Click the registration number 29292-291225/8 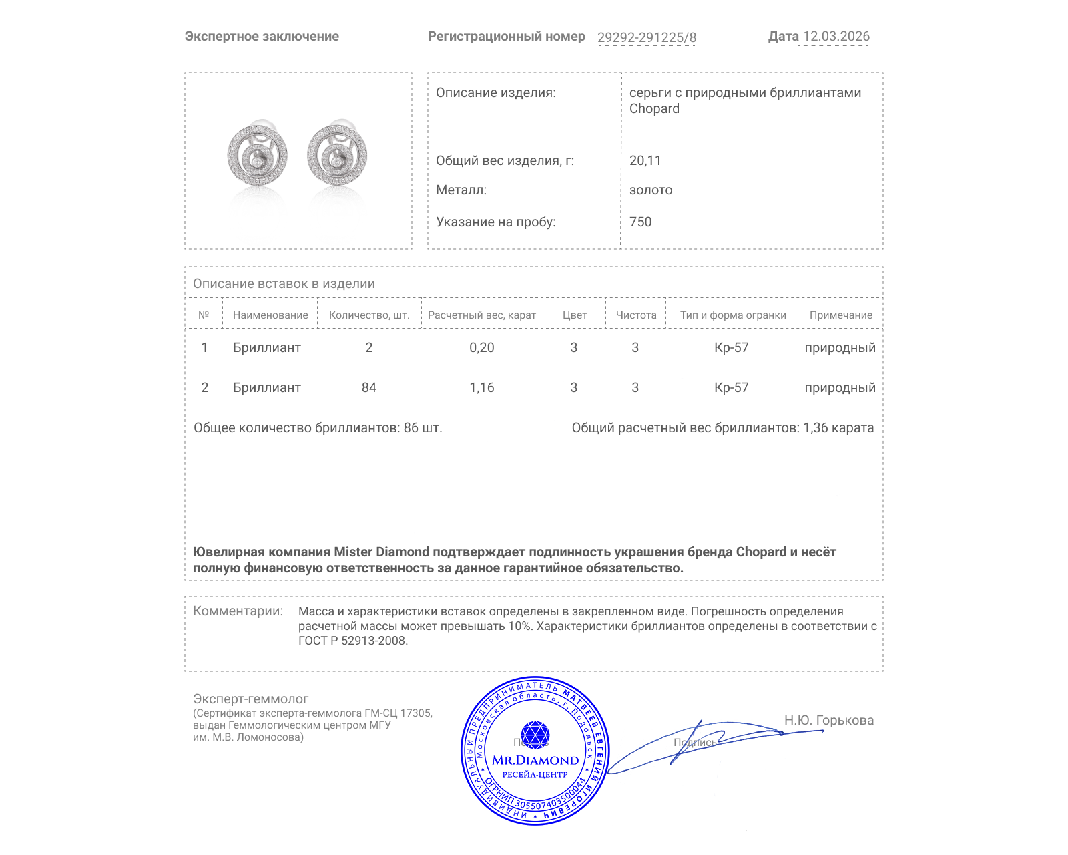(646, 37)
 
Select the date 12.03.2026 (836, 37)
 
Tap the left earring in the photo (258, 156)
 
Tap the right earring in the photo (337, 156)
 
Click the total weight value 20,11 (645, 160)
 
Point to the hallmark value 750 (640, 222)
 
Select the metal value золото (651, 190)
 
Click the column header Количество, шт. (369, 315)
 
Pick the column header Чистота (636, 315)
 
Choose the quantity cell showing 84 (369, 387)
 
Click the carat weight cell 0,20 (482, 347)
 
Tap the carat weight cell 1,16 (482, 387)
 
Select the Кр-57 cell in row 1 (732, 347)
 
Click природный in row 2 (840, 387)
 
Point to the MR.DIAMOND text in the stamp (535, 760)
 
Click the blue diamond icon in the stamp (535, 735)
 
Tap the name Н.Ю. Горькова (828, 720)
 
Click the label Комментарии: (238, 611)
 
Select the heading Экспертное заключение (262, 37)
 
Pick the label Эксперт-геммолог (250, 699)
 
